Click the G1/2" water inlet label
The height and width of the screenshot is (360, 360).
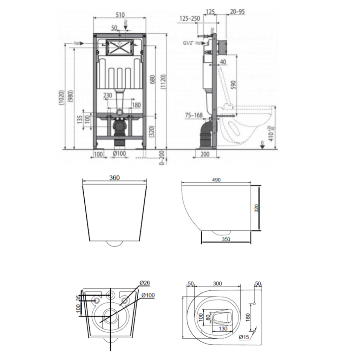tap(189, 43)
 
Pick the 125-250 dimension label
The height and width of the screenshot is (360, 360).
tap(190, 19)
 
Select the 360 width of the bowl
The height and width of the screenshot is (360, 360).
tap(114, 178)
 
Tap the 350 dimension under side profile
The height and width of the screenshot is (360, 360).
tap(226, 239)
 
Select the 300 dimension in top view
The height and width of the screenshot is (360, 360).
tap(217, 283)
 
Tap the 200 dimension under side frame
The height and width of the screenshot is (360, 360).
tap(205, 154)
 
